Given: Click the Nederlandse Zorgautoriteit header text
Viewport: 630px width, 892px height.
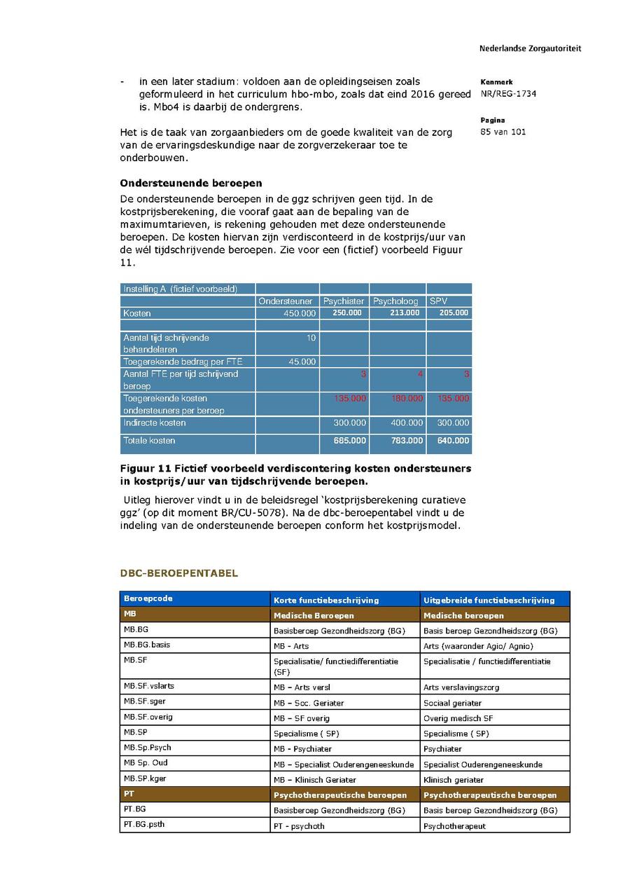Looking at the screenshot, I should [530, 49].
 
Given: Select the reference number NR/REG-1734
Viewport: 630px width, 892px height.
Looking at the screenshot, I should [508, 94].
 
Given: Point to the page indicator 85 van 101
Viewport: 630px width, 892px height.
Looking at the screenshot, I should [503, 132].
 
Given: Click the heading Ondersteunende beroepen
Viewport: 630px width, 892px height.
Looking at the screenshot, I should [191, 184].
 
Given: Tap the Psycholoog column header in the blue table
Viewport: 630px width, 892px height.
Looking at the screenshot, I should [395, 301].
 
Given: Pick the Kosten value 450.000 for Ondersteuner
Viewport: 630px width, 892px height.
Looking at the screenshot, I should [300, 313].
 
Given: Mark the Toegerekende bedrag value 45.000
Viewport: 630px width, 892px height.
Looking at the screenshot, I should [302, 362].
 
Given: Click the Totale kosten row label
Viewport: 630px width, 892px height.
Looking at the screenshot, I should [149, 441].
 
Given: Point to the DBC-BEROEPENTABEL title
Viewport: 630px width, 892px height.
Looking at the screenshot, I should [178, 573].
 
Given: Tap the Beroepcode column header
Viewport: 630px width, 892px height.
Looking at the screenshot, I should [148, 599].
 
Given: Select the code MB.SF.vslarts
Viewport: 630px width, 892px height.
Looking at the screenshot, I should [148, 687].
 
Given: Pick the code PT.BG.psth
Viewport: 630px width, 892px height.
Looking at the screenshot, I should [144, 825].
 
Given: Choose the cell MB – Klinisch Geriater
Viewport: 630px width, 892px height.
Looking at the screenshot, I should [315, 780].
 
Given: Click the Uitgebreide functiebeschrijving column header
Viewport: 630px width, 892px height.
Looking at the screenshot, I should [489, 600].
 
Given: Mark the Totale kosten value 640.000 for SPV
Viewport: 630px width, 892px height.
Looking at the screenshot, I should [454, 441].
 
